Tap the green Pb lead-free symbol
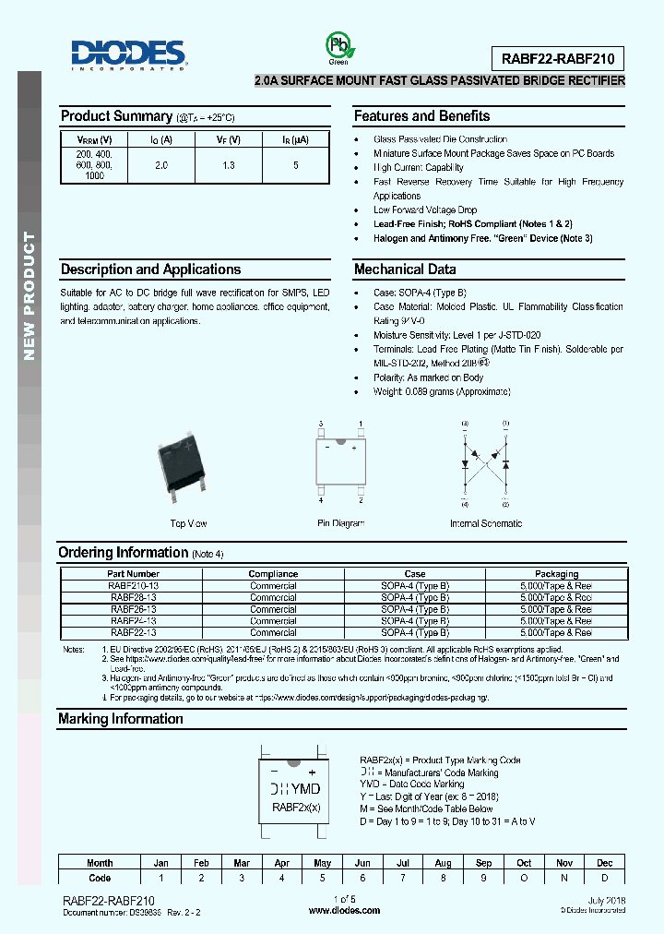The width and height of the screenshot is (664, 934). pos(338,47)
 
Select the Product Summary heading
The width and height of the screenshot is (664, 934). pos(116,116)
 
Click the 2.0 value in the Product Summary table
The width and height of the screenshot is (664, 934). pos(161,164)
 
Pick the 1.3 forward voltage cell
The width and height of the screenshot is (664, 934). pos(229,164)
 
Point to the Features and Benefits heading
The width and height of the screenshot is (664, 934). pos(421,116)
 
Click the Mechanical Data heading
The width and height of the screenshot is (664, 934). pos(405,269)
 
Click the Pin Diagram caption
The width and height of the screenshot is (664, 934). pos(341,523)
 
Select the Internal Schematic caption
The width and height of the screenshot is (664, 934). pos(485,523)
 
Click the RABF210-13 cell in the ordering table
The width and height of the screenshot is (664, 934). pos(133,585)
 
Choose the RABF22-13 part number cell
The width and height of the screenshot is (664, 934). pos(133,633)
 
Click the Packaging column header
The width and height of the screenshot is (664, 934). pos(556,574)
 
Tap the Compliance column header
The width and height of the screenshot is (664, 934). pos(273,574)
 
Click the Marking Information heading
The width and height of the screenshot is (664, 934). pos(120,719)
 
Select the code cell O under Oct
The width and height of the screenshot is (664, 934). pos(524,878)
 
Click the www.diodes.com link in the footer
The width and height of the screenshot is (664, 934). pos(344,910)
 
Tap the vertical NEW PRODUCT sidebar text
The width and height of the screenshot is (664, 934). pos(29,295)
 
